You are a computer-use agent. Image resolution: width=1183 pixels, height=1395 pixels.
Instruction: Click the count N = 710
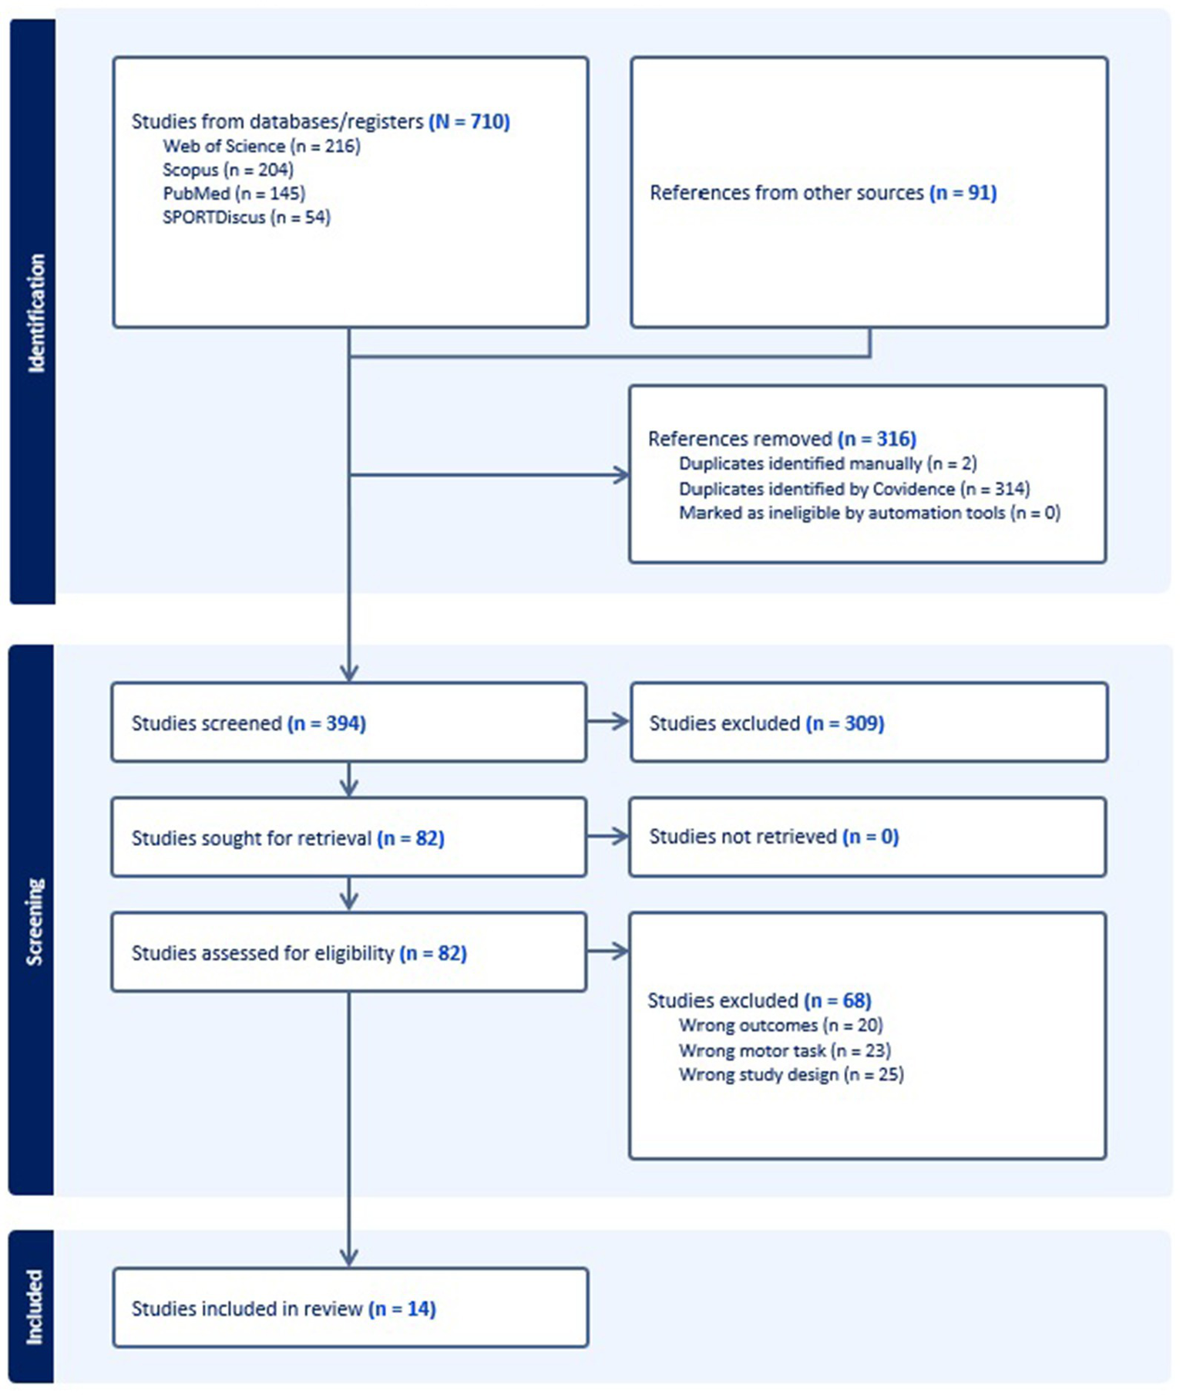click(x=469, y=122)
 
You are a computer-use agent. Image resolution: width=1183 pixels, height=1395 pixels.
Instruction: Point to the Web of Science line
click(x=261, y=147)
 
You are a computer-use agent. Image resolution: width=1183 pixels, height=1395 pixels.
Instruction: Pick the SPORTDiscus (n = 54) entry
click(x=246, y=217)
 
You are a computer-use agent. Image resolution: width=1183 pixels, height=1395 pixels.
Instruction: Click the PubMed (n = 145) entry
click(x=234, y=194)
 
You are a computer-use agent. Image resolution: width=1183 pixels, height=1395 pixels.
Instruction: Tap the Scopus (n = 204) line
click(x=227, y=170)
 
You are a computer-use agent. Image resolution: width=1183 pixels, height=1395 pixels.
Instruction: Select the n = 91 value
click(x=963, y=193)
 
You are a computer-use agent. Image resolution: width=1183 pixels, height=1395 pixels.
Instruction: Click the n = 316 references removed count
click(x=877, y=440)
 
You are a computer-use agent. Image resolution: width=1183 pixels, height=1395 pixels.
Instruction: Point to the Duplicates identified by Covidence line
click(x=854, y=489)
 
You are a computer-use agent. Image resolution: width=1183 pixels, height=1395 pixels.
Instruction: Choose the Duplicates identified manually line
click(x=828, y=464)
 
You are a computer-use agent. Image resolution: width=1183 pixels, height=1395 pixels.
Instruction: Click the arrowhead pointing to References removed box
click(x=621, y=475)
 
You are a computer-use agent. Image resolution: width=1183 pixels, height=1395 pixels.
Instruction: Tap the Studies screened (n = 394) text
click(x=248, y=723)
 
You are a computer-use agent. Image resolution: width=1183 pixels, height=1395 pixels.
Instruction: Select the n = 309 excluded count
click(x=845, y=723)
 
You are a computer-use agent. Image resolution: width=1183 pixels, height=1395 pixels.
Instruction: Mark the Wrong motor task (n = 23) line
click(x=785, y=1050)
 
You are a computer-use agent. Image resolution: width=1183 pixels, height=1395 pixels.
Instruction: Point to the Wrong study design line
click(x=791, y=1075)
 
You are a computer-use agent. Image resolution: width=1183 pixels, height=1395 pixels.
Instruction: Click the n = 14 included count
click(x=402, y=1309)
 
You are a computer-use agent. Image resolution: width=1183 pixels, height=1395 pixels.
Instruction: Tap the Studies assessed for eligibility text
click(x=262, y=953)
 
